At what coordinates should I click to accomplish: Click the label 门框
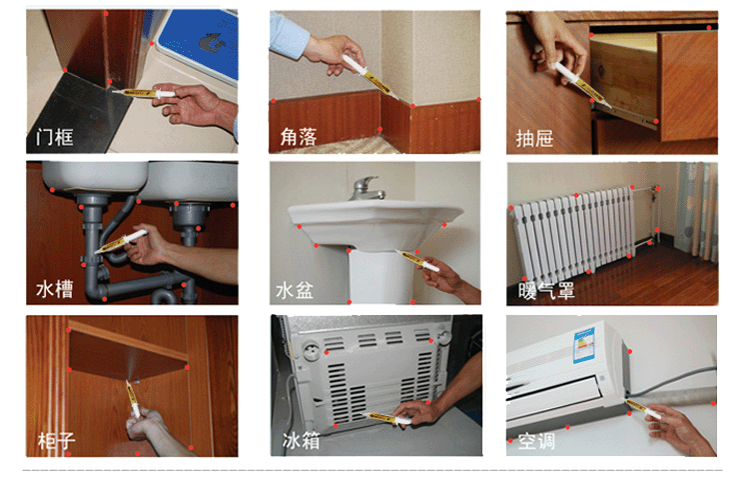(55, 138)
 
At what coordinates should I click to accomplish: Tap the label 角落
(299, 137)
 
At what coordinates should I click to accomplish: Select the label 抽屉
(534, 139)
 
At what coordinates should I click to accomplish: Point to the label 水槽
(55, 289)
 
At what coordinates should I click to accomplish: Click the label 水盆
(295, 290)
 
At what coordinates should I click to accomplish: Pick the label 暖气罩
(547, 291)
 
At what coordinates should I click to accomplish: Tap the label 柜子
(56, 440)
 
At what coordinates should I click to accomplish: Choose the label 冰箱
(301, 440)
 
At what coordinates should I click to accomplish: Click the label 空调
(537, 441)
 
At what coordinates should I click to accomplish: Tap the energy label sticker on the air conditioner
(584, 344)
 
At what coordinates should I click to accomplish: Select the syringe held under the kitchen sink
(121, 241)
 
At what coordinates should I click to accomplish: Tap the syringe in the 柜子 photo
(132, 399)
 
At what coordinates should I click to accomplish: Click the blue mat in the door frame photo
(200, 43)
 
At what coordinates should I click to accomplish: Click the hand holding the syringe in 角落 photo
(335, 54)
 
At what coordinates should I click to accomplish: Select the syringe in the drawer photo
(581, 84)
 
